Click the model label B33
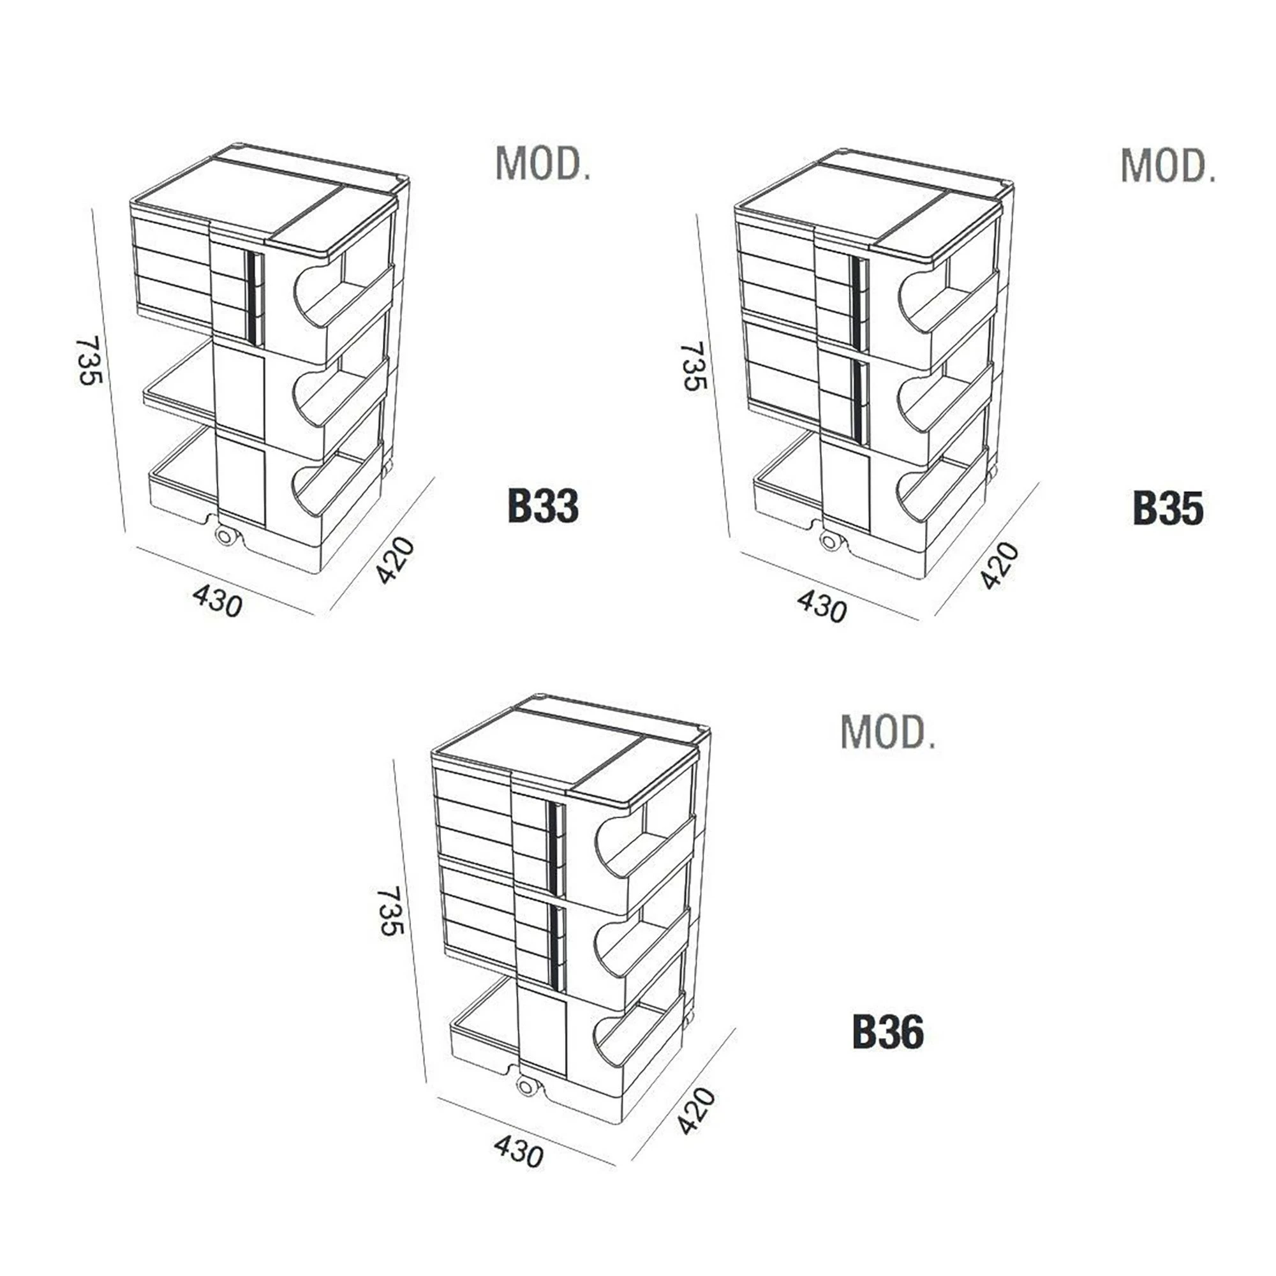point(543,507)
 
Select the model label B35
point(1168,508)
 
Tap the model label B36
point(887,1031)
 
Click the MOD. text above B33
point(543,164)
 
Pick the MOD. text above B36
point(887,731)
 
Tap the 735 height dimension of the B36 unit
point(390,911)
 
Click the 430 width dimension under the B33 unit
point(218,602)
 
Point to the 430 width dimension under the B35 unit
point(821,605)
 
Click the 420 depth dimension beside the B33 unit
point(395,560)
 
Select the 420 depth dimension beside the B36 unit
point(696,1111)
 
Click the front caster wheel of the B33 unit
point(225,537)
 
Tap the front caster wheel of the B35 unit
point(829,542)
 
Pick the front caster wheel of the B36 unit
point(526,1085)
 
